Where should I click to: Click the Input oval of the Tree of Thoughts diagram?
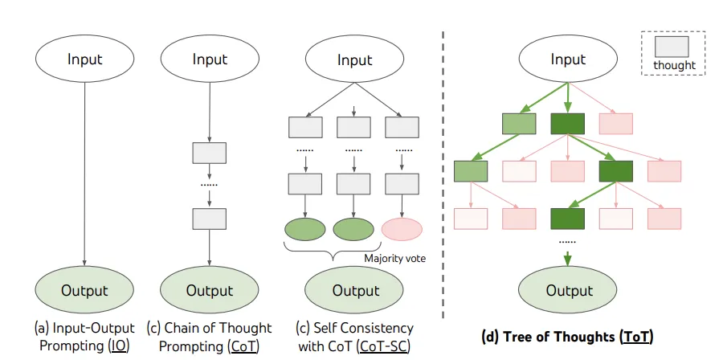(568, 59)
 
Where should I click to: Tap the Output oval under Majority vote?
(354, 290)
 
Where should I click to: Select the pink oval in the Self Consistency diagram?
(402, 230)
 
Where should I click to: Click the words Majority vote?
(394, 258)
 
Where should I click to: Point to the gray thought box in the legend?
(672, 47)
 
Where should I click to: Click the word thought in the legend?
(674, 65)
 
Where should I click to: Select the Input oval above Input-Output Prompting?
(85, 59)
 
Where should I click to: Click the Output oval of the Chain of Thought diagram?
(210, 290)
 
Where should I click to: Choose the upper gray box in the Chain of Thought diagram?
(210, 153)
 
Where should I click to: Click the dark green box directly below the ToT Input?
(568, 124)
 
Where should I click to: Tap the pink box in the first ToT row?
(615, 124)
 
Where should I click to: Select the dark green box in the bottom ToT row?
(568, 219)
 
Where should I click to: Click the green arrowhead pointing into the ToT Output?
(568, 260)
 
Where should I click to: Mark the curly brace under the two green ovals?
(333, 252)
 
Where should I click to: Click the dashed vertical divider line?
(443, 174)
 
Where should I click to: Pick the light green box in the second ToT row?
(471, 171)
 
